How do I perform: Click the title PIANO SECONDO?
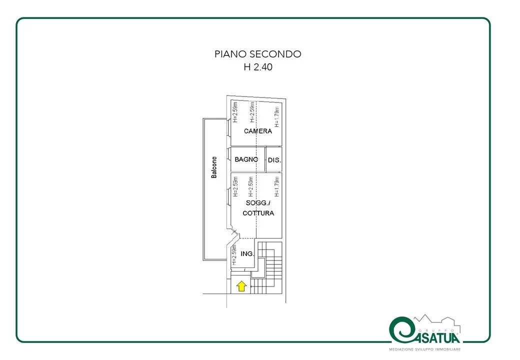[257, 53]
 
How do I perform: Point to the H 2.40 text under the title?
[258, 67]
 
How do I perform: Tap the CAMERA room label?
[257, 131]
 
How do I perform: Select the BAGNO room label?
[246, 159]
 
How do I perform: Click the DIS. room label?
[274, 160]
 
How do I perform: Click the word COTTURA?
[258, 213]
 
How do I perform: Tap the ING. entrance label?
[247, 253]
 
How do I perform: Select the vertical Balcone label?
[214, 167]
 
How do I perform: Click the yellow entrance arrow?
[241, 286]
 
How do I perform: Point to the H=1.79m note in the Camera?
[276, 116]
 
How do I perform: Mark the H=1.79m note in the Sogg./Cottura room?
[276, 186]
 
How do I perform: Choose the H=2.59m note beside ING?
[234, 254]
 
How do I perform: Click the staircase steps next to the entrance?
[270, 268]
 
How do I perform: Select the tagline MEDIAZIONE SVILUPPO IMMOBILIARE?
[425, 349]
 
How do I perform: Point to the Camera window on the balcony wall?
[229, 127]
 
